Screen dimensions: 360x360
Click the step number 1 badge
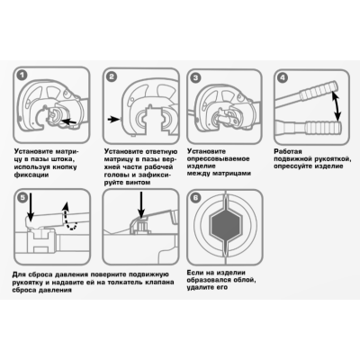22,75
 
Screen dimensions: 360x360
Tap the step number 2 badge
112,76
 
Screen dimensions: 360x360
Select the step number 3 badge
195,78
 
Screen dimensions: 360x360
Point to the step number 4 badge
283,78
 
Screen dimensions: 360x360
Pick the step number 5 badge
22,197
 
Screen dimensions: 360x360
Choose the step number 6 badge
195,198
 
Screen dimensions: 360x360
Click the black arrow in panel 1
68,121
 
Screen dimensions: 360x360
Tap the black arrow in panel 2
113,120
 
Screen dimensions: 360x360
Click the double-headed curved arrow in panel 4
337,106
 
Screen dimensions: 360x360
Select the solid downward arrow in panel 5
31,207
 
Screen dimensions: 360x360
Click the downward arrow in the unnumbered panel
140,204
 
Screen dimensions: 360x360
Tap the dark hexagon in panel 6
225,222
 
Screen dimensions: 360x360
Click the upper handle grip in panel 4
319,90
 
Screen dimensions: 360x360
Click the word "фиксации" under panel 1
31,175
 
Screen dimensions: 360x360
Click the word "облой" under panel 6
244,280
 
